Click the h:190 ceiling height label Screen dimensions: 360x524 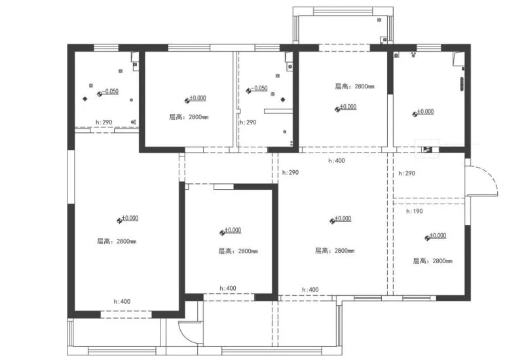414,211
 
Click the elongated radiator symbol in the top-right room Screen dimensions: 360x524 461,84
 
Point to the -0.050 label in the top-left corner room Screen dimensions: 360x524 109,92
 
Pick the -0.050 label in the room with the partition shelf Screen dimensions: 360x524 259,88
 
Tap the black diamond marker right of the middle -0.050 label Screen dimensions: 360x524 282,100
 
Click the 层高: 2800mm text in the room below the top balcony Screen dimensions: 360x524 354,86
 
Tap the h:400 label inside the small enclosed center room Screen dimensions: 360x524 228,288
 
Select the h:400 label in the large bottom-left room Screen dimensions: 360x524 122,301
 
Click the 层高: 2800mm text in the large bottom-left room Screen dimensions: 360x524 117,241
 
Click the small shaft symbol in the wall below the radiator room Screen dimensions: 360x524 430,149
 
